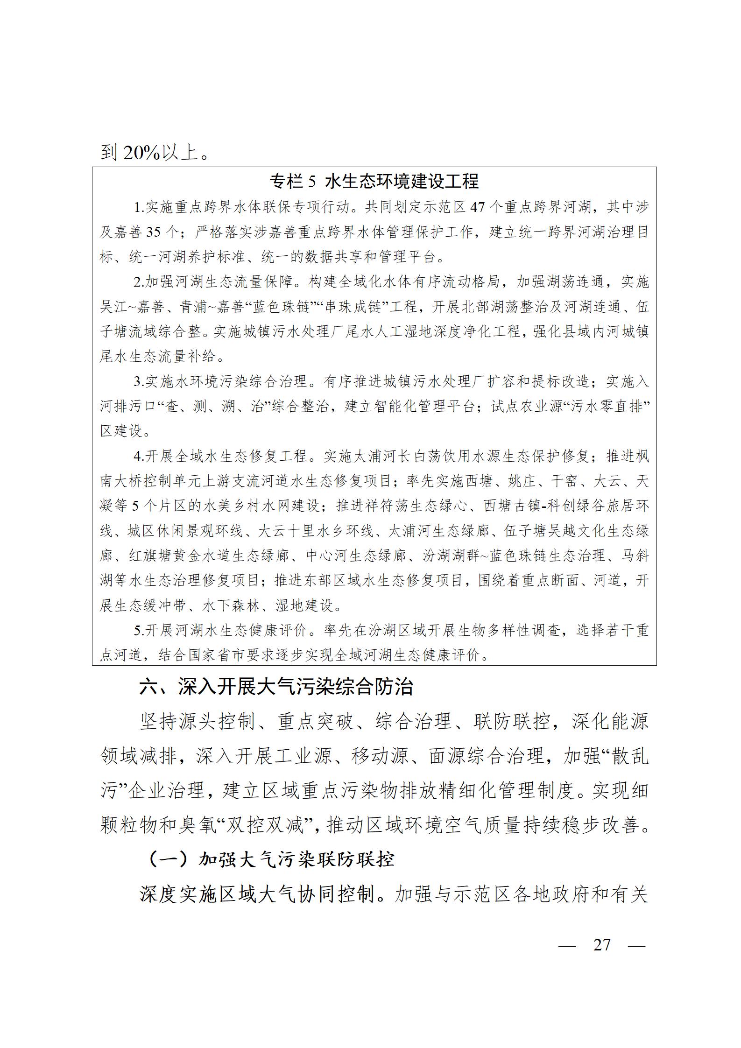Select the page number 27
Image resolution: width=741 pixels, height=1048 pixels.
601,944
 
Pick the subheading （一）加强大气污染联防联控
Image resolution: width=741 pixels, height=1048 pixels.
271,859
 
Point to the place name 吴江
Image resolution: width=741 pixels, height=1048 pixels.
111,307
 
